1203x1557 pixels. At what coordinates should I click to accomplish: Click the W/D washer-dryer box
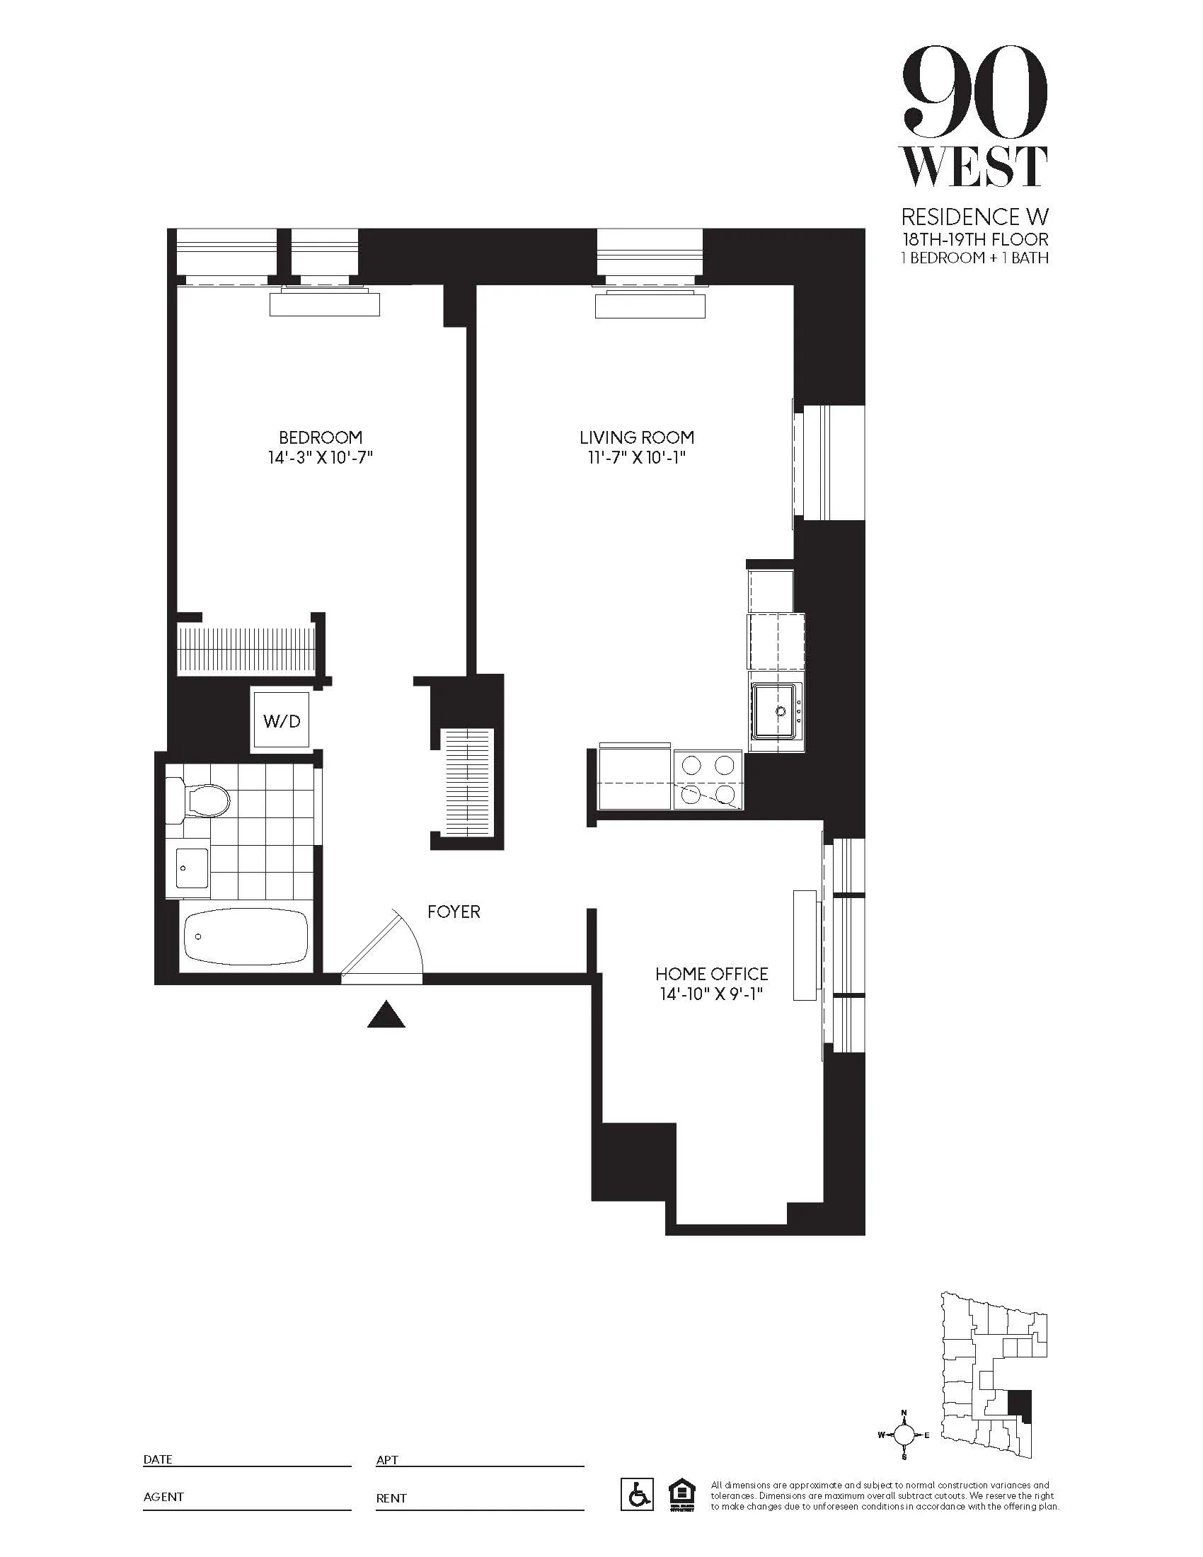coord(281,720)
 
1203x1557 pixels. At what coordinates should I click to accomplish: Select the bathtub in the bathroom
coord(246,936)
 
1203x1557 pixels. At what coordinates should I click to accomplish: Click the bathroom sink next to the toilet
coord(191,868)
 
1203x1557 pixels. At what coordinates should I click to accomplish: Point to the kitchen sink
coord(776,711)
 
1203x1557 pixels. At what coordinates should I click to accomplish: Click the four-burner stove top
coord(708,780)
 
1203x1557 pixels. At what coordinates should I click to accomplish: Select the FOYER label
coord(454,912)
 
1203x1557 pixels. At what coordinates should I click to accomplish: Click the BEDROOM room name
coord(320,437)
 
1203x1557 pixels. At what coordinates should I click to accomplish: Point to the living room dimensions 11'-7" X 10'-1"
coord(636,457)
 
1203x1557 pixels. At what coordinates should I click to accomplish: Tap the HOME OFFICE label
coord(711,974)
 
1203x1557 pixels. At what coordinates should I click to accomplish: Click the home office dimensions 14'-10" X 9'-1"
coord(711,994)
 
